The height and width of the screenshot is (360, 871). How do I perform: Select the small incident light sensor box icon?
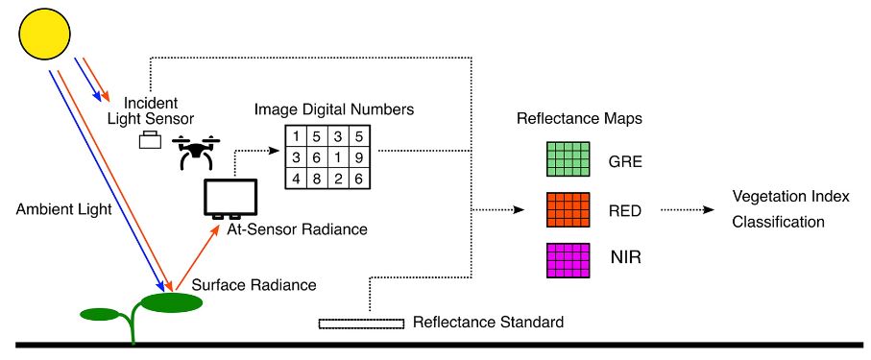pyautogui.click(x=151, y=141)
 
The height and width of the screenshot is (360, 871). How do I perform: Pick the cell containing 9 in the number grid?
pyautogui.click(x=358, y=157)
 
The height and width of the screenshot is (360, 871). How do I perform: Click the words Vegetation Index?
pyautogui.click(x=790, y=198)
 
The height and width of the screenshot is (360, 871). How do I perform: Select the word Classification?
pyautogui.click(x=778, y=221)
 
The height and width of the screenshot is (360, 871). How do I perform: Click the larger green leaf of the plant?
pyautogui.click(x=173, y=302)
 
